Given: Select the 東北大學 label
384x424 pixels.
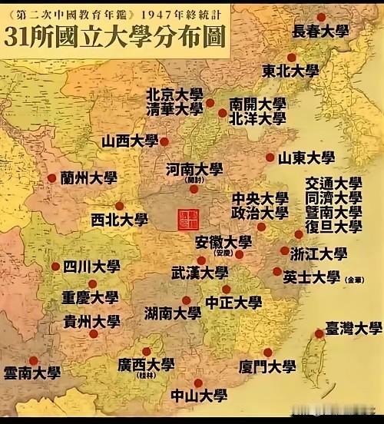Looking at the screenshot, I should coord(290,71).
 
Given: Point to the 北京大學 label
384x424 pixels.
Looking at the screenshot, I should coord(175,94).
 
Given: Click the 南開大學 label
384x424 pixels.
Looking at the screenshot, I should coord(257,104).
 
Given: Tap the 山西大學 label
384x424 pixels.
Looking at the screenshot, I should coord(129,141).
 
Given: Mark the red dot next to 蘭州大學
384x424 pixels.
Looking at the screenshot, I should coord(51,178).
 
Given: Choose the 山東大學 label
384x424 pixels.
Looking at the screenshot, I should coord(306,158).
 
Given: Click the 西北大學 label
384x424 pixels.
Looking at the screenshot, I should coord(119,220).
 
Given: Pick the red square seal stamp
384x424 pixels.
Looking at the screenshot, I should coord(186,218).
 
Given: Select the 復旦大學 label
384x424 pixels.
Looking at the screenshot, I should coord(333,227).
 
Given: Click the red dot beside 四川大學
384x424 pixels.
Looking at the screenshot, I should coord(55,267).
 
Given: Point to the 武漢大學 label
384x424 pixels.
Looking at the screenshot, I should coord(200,273).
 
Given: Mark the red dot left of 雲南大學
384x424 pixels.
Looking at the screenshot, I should coord(33,359).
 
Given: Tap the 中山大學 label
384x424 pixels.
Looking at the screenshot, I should coord(199,396).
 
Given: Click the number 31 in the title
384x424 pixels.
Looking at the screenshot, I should coord(18,37).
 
